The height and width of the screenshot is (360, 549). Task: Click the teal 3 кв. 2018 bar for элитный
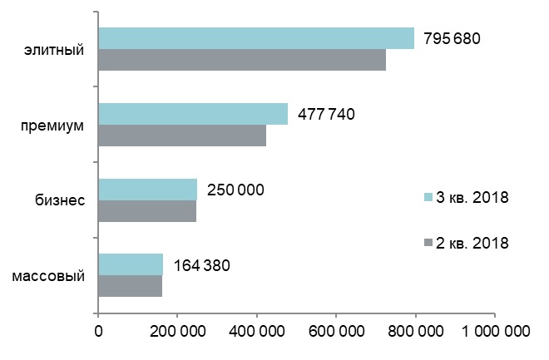coord(256,38)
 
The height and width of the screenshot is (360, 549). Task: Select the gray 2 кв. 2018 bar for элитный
coord(242,60)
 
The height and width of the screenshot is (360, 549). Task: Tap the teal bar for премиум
coord(193,114)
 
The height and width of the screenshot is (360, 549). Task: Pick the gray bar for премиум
coord(182,136)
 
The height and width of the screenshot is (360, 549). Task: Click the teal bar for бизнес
coord(148,190)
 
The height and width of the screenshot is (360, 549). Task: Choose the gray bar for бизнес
coord(147,211)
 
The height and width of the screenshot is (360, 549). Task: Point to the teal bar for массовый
coord(131,264)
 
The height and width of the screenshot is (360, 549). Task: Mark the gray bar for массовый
coord(130,286)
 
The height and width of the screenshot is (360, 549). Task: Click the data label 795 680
coord(453,39)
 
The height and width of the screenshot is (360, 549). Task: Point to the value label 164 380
coord(201,265)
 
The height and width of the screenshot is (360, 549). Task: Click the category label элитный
coord(55,51)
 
